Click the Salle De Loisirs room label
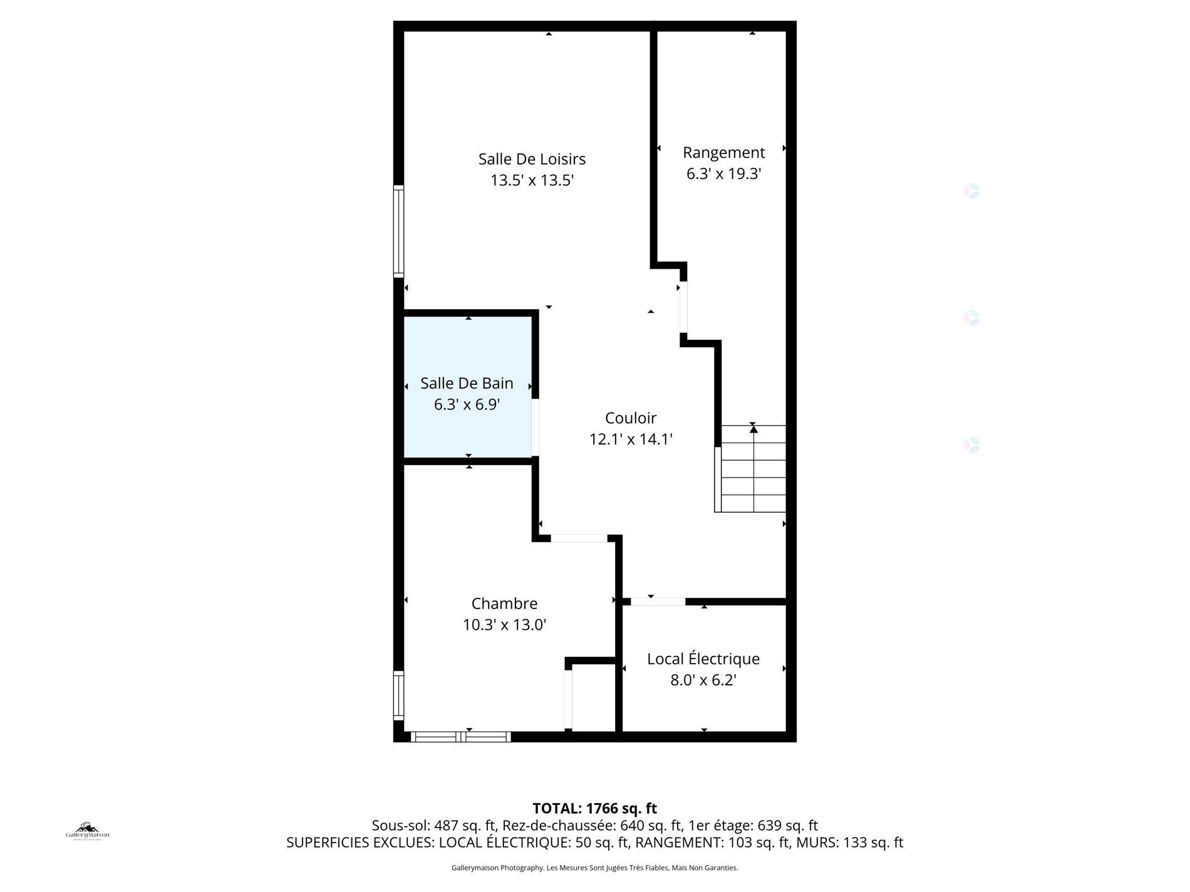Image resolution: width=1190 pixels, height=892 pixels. (x=532, y=159)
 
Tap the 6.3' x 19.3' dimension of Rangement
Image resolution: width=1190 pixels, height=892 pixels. (x=723, y=174)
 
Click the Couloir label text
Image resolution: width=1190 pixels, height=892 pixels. (x=631, y=418)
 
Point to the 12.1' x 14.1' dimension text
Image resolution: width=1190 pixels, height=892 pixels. (x=631, y=439)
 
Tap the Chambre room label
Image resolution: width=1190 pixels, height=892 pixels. (x=504, y=603)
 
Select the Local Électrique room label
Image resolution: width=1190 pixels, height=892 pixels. (x=703, y=659)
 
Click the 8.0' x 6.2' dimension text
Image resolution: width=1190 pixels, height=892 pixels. (x=703, y=680)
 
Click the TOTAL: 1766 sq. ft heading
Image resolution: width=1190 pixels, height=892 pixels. (x=594, y=808)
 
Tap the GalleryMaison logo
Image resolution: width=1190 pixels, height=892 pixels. (x=88, y=831)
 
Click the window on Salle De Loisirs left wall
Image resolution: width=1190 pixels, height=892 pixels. (x=398, y=231)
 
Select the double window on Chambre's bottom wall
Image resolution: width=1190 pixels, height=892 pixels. (x=460, y=737)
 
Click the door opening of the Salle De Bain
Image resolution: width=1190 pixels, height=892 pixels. (x=535, y=428)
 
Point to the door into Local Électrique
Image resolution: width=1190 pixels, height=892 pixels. (x=658, y=602)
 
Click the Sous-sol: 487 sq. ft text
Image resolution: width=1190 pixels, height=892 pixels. (x=433, y=826)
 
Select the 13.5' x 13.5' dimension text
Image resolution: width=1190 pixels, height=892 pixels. (x=532, y=181)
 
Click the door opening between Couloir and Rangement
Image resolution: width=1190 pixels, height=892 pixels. (x=683, y=307)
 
